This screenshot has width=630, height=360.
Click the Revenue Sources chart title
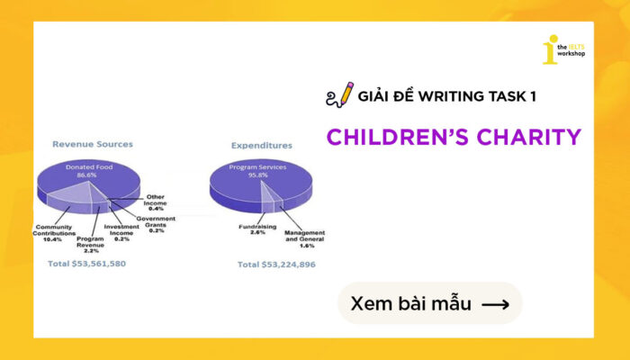coord(93,143)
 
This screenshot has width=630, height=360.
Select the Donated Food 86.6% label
coord(87,172)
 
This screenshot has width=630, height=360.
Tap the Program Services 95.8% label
coord(259,172)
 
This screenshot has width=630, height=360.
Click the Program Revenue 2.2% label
coord(91,245)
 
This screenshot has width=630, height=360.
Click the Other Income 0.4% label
coord(155,202)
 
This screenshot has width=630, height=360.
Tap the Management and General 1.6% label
coord(303,238)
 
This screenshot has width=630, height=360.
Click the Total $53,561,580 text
coord(86,264)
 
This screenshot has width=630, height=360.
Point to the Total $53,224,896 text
coord(276,265)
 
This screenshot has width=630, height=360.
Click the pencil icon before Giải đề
coord(339,94)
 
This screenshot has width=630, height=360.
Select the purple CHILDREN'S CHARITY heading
coord(453,137)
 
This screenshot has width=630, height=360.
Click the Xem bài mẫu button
coord(429,303)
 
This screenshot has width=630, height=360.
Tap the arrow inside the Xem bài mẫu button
coord(495,304)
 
